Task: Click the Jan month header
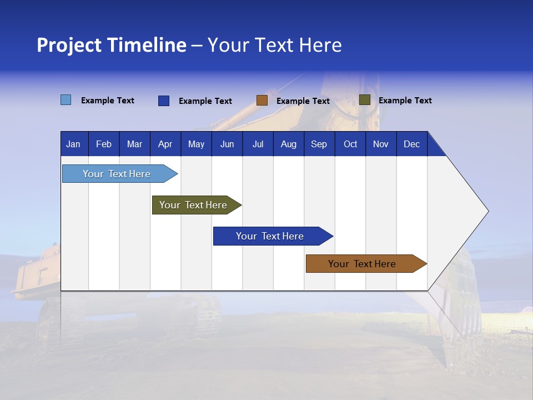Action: pyautogui.click(x=73, y=144)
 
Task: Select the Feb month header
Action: pyautogui.click(x=104, y=144)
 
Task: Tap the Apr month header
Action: pyautogui.click(x=165, y=144)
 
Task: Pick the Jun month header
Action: pyautogui.click(x=227, y=144)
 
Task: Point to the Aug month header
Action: pyautogui.click(x=289, y=144)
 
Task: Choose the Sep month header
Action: pyautogui.click(x=319, y=144)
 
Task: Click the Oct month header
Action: pyautogui.click(x=350, y=144)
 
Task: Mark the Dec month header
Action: pyautogui.click(x=412, y=144)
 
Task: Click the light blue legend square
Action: pyautogui.click(x=66, y=100)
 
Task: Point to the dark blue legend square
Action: pyautogui.click(x=164, y=101)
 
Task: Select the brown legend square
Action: pyautogui.click(x=262, y=101)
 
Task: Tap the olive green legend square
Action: pyautogui.click(x=365, y=100)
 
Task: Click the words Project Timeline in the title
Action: pyautogui.click(x=112, y=45)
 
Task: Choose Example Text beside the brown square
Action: pyautogui.click(x=303, y=101)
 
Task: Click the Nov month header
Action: pyautogui.click(x=381, y=144)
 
